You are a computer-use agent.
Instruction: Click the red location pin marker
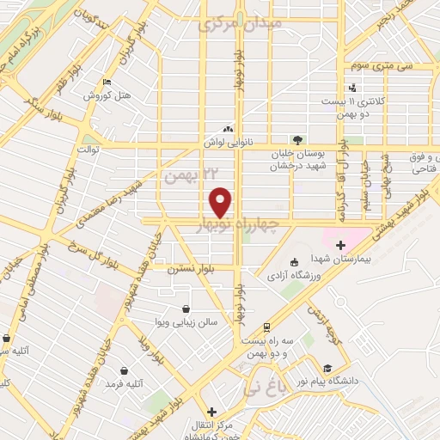pos(221,202)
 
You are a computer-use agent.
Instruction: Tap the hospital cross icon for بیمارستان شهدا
pos(341,222)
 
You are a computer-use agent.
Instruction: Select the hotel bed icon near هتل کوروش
pos(107,82)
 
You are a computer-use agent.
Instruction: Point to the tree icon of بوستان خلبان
pos(297,139)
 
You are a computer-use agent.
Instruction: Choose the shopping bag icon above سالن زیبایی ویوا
pos(186,309)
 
